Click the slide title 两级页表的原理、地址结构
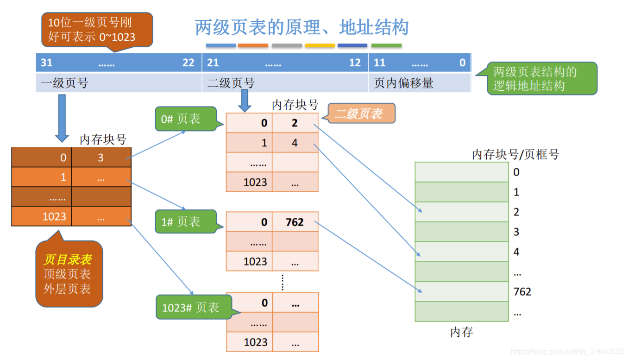[x=301, y=28]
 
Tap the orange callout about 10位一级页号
[x=97, y=30]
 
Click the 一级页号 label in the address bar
[x=64, y=83]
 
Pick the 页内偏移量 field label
[x=403, y=83]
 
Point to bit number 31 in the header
[x=47, y=63]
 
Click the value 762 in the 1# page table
[x=295, y=222]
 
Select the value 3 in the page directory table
[x=100, y=158]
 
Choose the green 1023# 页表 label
[x=190, y=308]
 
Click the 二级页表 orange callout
[x=358, y=114]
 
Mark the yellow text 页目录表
[x=68, y=259]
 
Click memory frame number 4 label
[x=516, y=252]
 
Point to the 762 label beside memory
[x=522, y=292]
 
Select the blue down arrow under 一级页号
[x=62, y=119]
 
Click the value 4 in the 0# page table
[x=295, y=143]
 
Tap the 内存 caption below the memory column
[x=461, y=332]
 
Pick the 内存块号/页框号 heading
[x=515, y=155]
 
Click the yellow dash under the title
[x=320, y=46]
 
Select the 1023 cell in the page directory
[x=54, y=217]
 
